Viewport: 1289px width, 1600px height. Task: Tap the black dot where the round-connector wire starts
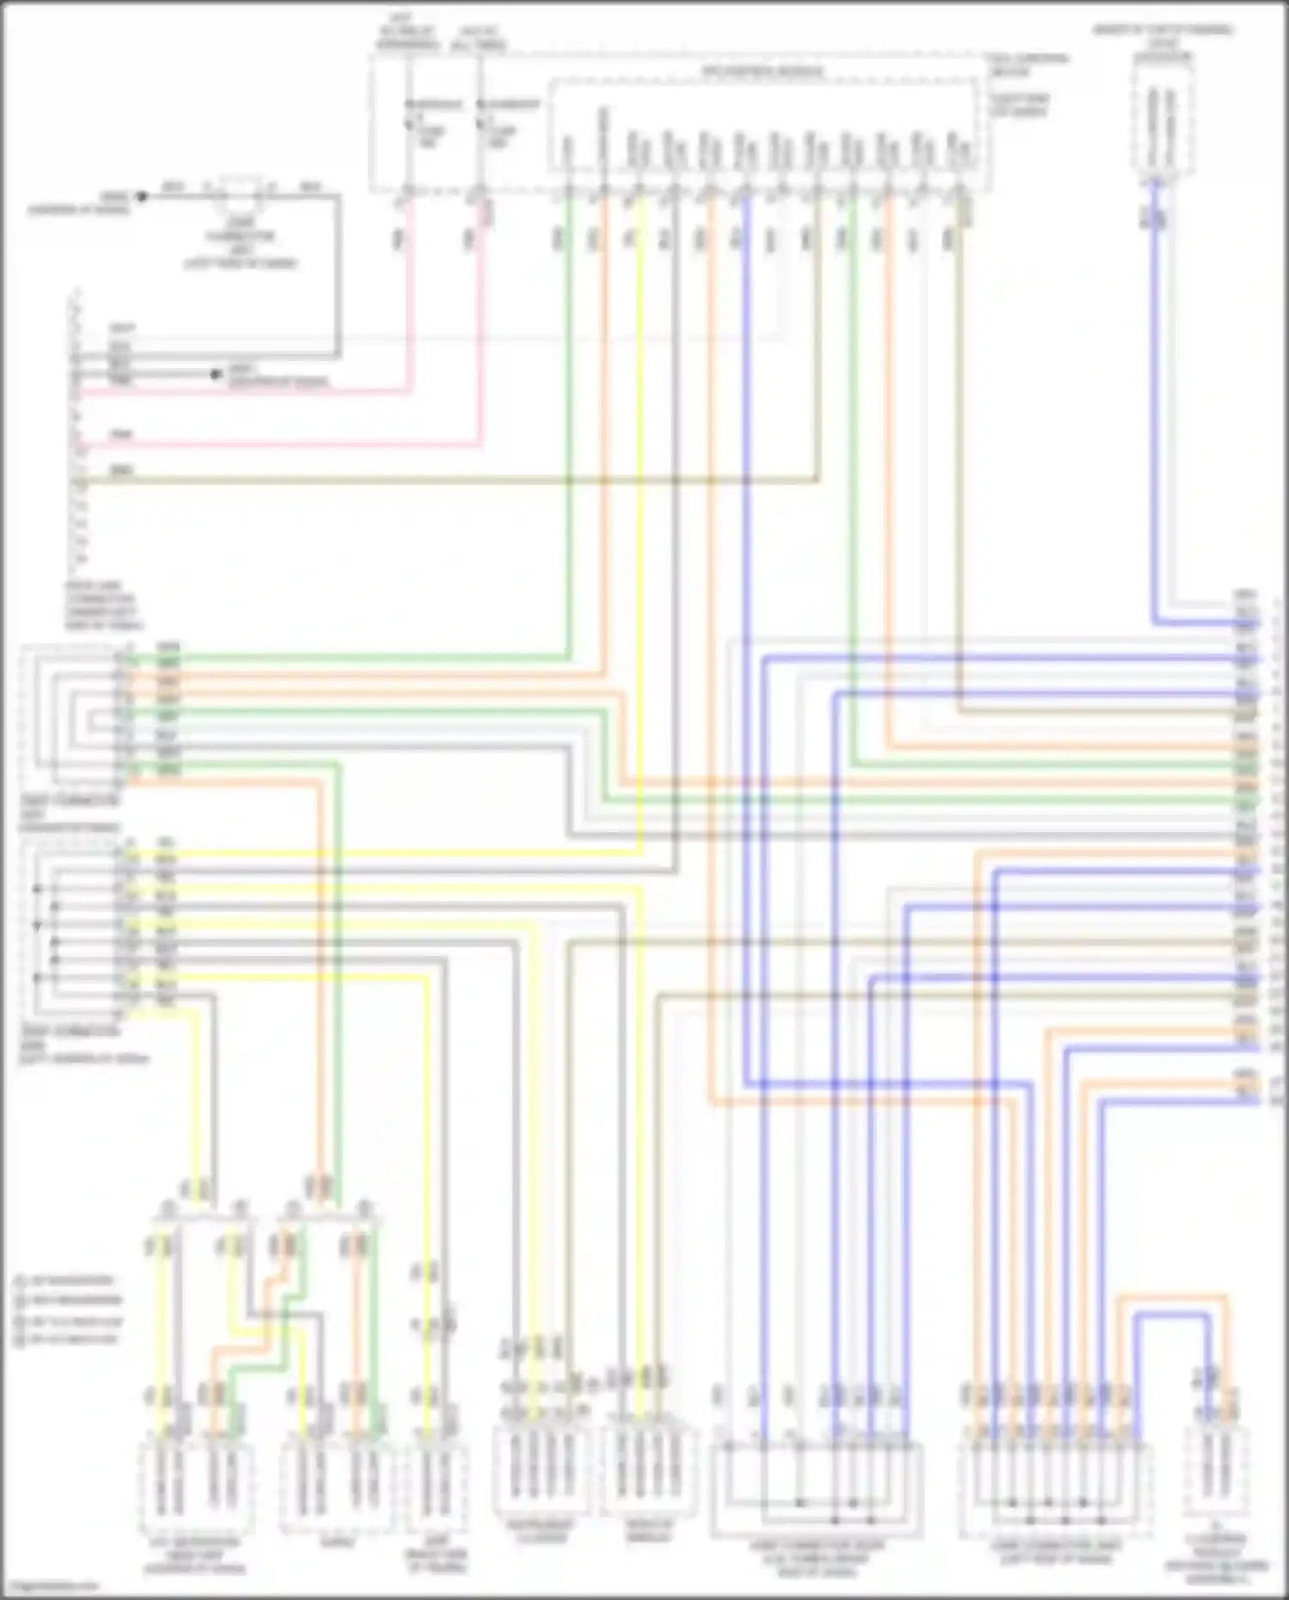tap(143, 197)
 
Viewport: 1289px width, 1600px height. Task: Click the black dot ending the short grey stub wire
tap(216, 375)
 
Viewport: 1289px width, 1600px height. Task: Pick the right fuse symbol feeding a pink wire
tap(483, 125)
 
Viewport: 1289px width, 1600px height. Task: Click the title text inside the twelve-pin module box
tap(763, 72)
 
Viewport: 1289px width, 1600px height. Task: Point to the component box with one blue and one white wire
tap(1161, 125)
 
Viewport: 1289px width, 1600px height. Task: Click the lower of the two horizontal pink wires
tap(284, 446)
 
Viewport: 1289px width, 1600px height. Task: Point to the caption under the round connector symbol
tap(241, 246)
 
